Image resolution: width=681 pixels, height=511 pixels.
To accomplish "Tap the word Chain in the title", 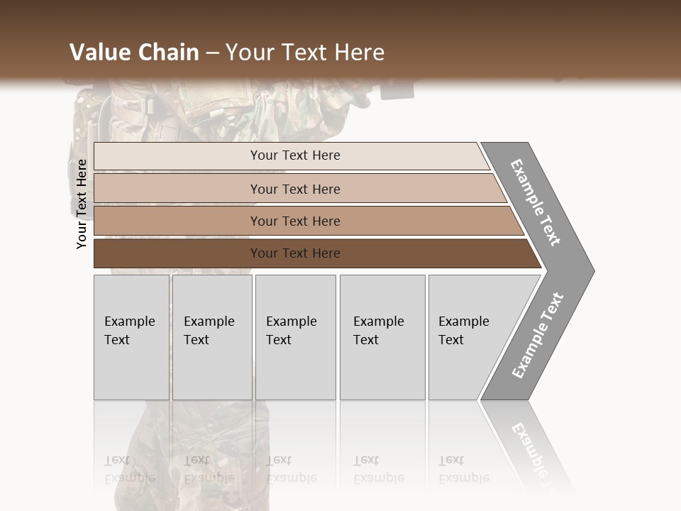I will pyautogui.click(x=168, y=53).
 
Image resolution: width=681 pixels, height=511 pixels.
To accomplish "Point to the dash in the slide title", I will pyautogui.click(x=212, y=53).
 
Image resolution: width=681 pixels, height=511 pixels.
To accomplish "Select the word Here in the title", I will pyautogui.click(x=359, y=53).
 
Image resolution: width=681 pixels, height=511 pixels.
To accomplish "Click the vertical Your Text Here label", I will pyautogui.click(x=82, y=204).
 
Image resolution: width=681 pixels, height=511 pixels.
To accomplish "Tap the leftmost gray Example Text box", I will pyautogui.click(x=131, y=337).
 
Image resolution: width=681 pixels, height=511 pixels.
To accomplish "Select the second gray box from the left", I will pyautogui.click(x=212, y=337).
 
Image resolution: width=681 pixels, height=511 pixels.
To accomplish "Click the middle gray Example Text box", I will pyautogui.click(x=295, y=337).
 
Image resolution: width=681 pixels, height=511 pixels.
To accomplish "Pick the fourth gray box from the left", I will pyautogui.click(x=382, y=337).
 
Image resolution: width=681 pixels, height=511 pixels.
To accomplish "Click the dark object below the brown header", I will pyautogui.click(x=397, y=89).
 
